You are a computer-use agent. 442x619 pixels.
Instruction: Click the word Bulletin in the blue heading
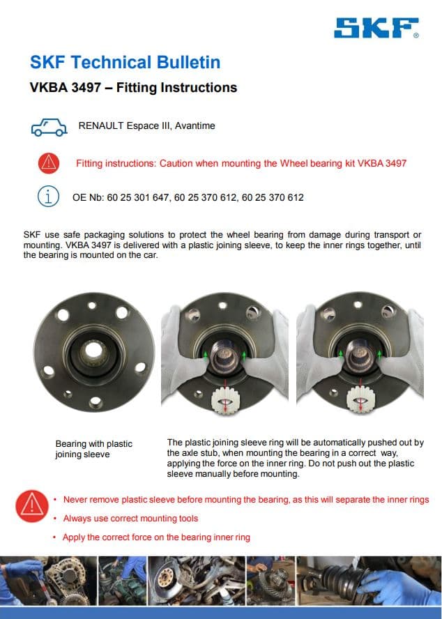tap(185, 63)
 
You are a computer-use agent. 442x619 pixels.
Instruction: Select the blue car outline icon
tap(49, 127)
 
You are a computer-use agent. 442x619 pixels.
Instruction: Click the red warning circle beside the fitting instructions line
tap(49, 163)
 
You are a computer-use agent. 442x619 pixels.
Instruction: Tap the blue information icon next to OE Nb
tap(48, 197)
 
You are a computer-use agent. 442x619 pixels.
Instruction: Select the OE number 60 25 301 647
tap(138, 198)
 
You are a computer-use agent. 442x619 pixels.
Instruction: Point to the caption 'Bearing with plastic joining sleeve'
tap(93, 449)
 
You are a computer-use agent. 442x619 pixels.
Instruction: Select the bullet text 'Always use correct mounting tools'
tap(130, 519)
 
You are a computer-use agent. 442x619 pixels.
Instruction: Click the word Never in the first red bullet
tap(75, 500)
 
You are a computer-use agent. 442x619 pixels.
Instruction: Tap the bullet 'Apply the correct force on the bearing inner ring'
tap(156, 537)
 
